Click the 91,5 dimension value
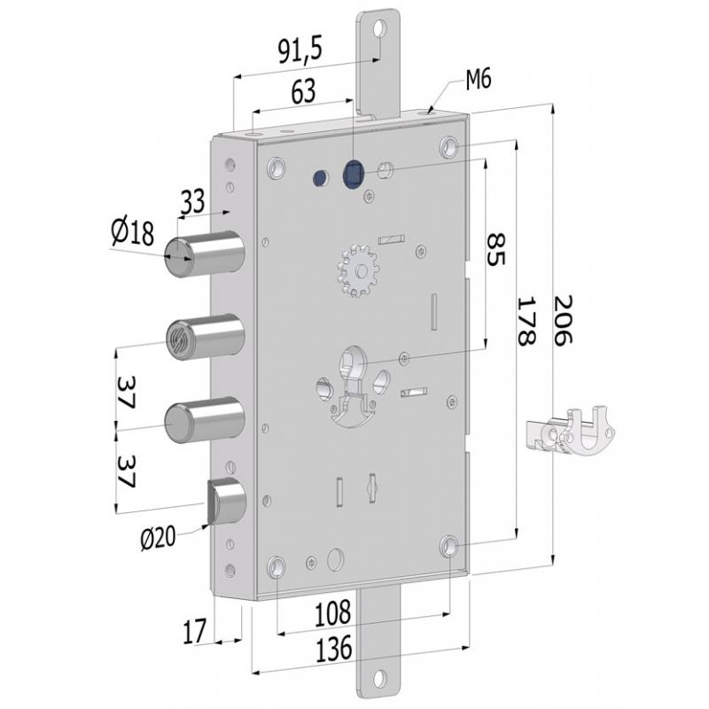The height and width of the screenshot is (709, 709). coord(300,50)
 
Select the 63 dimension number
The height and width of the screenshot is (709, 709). coord(303,92)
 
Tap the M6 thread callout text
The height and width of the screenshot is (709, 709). coord(479,80)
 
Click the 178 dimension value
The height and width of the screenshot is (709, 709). coord(526,321)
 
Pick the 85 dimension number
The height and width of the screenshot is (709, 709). coord(495,250)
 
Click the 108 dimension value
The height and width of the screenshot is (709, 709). coord(333,613)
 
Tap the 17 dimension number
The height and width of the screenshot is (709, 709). coord(194,631)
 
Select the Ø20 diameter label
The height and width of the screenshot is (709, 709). coord(158,538)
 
